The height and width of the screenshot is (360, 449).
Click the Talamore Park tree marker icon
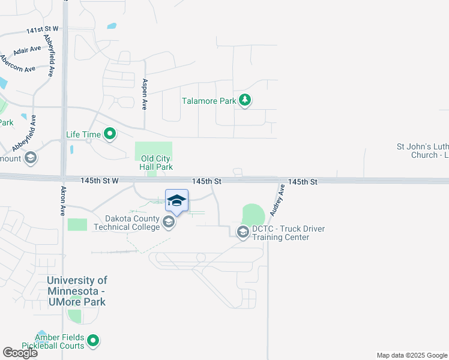click(244, 100)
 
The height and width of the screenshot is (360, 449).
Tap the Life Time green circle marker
click(110, 134)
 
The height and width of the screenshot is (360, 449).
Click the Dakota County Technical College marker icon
click(169, 223)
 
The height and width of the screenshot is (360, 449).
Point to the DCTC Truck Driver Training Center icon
click(243, 232)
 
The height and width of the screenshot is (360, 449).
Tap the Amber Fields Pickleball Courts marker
click(92, 341)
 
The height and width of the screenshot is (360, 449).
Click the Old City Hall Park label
click(157, 163)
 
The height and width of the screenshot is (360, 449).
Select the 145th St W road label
click(99, 180)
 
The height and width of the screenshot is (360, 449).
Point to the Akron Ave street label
click(63, 201)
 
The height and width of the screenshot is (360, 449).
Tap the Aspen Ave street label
click(145, 95)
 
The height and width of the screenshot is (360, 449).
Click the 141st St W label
click(42, 29)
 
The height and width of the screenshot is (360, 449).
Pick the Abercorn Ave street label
click(18, 65)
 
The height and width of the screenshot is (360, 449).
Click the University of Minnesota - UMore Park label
click(77, 291)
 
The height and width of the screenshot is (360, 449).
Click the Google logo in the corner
click(20, 353)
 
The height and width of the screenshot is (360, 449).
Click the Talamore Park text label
click(209, 101)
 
